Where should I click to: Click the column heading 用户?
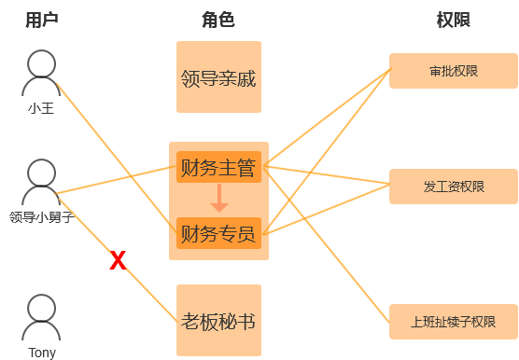(42, 20)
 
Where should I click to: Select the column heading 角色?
(218, 20)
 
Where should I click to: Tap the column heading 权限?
(454, 20)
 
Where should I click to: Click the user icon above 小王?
(41, 73)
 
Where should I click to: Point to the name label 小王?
(41, 108)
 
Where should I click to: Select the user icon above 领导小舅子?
(41, 182)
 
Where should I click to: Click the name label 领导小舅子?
(42, 217)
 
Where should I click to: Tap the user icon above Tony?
(41, 317)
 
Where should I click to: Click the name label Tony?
(42, 353)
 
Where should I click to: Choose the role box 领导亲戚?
(218, 77)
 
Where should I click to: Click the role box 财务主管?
(218, 167)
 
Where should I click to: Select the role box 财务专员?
(218, 233)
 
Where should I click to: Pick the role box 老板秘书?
(218, 320)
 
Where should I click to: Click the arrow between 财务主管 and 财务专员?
(219, 198)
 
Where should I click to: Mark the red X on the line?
(118, 260)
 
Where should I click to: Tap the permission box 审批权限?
(454, 71)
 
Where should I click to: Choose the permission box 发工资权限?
(454, 187)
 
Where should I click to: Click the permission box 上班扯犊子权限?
(454, 322)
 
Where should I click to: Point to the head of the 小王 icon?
(41, 63)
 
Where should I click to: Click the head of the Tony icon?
(41, 308)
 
